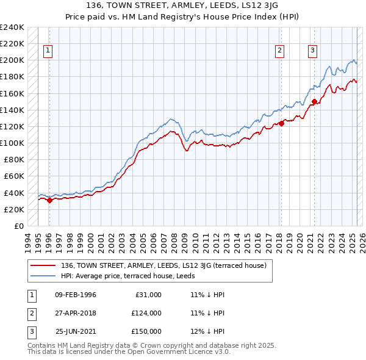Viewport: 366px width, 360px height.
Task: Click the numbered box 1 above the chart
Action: (x=48, y=51)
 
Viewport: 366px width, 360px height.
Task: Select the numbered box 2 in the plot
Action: (x=279, y=51)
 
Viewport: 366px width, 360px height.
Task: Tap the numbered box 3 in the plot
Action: (x=312, y=51)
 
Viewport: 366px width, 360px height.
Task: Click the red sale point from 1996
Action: (x=49, y=200)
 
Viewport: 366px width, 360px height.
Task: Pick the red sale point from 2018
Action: (x=281, y=123)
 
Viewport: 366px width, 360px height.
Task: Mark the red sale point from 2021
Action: (x=314, y=102)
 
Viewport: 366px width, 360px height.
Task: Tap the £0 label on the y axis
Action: (x=18, y=226)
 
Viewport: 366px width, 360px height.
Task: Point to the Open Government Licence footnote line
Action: (x=129, y=353)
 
